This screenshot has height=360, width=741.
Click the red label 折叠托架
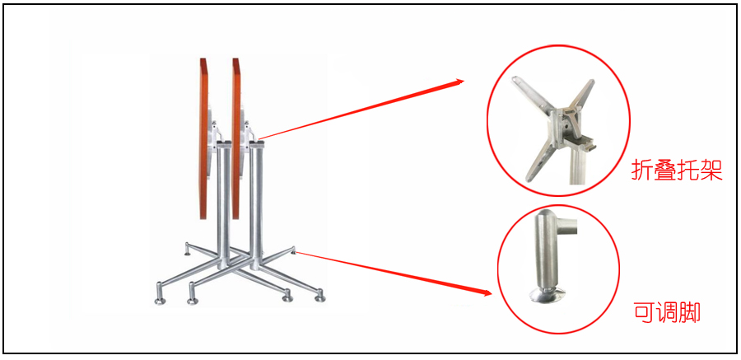(x=677, y=171)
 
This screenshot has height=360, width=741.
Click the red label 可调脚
(x=666, y=312)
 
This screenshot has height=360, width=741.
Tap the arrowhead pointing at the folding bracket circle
(x=459, y=82)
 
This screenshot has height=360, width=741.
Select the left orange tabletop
(x=203, y=138)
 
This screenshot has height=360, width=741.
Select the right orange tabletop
(x=235, y=138)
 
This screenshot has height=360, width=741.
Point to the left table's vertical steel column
(x=224, y=203)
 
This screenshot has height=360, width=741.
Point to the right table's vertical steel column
(x=257, y=203)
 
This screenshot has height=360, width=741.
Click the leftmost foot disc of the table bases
(x=160, y=301)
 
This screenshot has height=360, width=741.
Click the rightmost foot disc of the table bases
(x=320, y=299)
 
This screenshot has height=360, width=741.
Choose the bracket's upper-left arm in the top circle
(x=532, y=94)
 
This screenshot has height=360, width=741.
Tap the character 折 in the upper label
(x=642, y=171)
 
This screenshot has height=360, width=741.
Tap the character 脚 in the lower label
(x=689, y=313)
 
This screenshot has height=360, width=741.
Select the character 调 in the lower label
(x=667, y=313)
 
